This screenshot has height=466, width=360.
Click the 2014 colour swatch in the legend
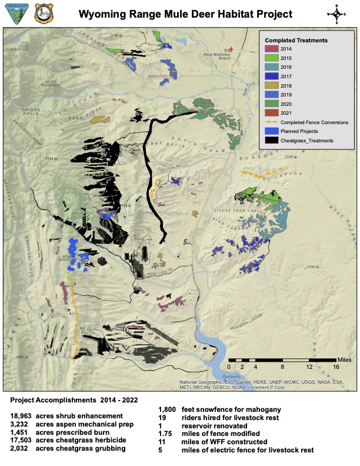click(x=271, y=48)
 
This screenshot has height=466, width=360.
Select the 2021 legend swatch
click(x=271, y=112)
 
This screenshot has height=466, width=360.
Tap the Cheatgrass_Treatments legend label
click(x=306, y=141)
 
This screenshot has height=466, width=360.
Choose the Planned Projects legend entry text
click(x=302, y=131)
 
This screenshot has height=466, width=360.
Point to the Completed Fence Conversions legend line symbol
click(x=271, y=122)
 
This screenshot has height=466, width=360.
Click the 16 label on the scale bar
click(x=336, y=366)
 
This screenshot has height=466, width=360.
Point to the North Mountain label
click(x=51, y=84)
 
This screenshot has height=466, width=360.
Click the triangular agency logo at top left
click(x=14, y=14)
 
